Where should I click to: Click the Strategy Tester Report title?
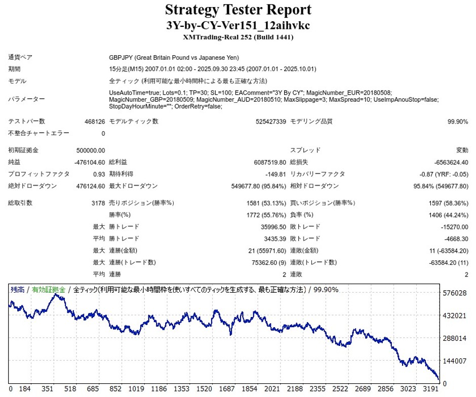[238, 10]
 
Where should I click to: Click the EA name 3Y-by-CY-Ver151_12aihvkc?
[238, 25]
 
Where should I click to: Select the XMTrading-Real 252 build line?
[238, 37]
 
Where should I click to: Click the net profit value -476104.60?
[89, 162]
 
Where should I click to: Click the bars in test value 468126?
[95, 122]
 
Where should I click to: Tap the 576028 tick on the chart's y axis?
[454, 293]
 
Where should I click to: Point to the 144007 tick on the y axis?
[454, 361]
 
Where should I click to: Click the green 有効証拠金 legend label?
[49, 290]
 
